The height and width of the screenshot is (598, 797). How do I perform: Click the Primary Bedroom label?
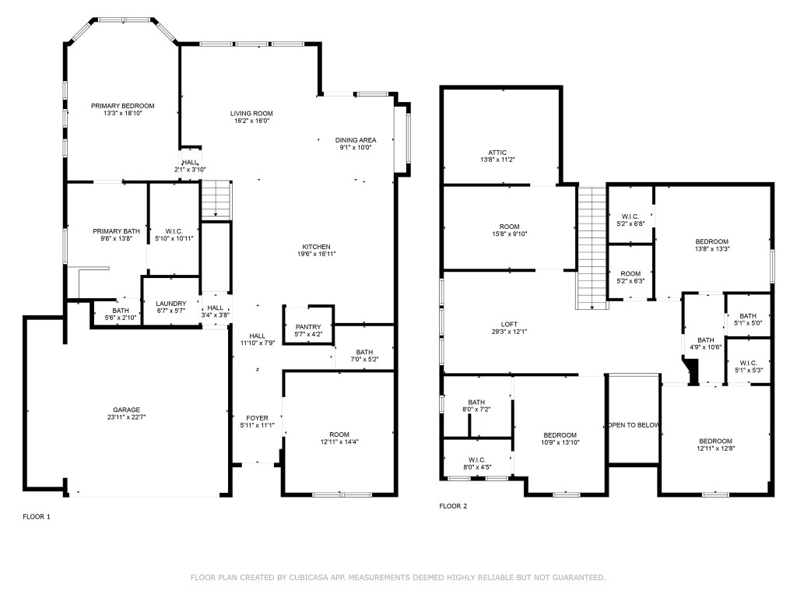click(122, 106)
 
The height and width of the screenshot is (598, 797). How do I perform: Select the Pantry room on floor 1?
click(308, 330)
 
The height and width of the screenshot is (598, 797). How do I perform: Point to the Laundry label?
click(170, 304)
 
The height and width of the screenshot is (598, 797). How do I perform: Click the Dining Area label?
click(356, 140)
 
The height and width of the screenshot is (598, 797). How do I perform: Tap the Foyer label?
click(258, 418)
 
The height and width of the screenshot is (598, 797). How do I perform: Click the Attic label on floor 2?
click(497, 153)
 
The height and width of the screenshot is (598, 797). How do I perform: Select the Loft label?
click(509, 325)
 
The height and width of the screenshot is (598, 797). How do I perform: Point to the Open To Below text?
click(634, 425)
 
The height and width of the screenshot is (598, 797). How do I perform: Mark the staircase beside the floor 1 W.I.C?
click(217, 200)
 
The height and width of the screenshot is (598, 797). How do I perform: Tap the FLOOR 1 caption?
click(37, 516)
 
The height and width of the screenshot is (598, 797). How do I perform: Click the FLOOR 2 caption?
click(453, 506)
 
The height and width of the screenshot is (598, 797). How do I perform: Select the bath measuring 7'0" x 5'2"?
click(364, 356)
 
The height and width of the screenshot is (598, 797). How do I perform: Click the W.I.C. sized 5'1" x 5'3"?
click(747, 366)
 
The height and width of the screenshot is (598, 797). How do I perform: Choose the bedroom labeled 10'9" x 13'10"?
click(560, 438)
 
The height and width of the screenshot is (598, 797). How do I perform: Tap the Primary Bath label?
click(116, 231)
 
